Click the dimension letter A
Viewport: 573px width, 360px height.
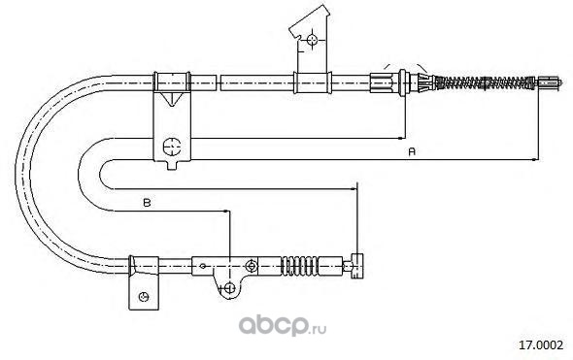(412, 151)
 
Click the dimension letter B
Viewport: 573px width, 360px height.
(147, 203)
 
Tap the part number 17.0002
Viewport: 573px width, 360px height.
(542, 344)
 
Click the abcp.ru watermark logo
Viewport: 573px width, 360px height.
(283, 325)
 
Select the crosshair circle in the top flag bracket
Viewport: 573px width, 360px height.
(312, 40)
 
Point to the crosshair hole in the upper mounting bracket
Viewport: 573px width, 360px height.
(171, 147)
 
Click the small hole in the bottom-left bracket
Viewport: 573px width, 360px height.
(144, 297)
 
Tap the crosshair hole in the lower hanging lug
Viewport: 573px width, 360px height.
(229, 288)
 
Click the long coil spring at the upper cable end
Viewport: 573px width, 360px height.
(486, 82)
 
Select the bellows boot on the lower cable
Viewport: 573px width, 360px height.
(299, 266)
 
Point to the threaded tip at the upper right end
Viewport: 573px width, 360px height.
(550, 82)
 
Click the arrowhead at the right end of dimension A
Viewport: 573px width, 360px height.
(534, 159)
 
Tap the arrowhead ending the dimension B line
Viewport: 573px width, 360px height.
(226, 211)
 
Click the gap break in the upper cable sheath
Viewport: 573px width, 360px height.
(219, 82)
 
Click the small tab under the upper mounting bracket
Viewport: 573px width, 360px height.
(172, 165)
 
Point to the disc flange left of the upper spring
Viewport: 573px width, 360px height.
(403, 82)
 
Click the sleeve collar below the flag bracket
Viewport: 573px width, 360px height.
(313, 82)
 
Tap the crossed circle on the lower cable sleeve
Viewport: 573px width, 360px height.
(251, 266)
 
